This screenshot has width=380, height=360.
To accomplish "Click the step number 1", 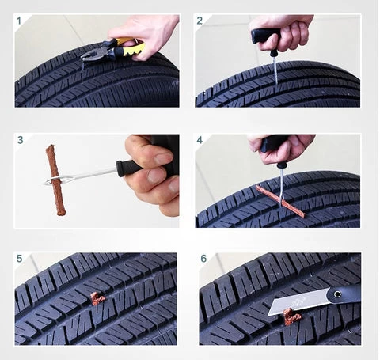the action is (x=19, y=21).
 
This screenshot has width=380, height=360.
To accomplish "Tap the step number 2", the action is (x=199, y=21).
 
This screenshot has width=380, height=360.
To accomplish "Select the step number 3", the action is (x=21, y=140).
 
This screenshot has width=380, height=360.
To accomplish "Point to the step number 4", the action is (x=199, y=140).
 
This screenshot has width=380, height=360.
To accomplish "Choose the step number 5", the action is (x=19, y=259).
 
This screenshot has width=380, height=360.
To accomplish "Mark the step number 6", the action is (x=203, y=259).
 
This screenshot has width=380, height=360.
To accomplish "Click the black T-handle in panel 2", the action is (x=265, y=36).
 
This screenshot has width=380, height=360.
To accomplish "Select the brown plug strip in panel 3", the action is (x=55, y=180).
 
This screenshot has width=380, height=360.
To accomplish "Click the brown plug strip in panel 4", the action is (x=280, y=201).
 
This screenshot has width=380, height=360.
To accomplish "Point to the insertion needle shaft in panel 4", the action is (x=282, y=188).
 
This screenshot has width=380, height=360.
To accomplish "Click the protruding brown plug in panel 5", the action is (x=97, y=299).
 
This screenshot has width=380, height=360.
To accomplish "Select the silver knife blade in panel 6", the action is (x=298, y=301).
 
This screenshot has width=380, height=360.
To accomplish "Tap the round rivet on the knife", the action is (x=337, y=294).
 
